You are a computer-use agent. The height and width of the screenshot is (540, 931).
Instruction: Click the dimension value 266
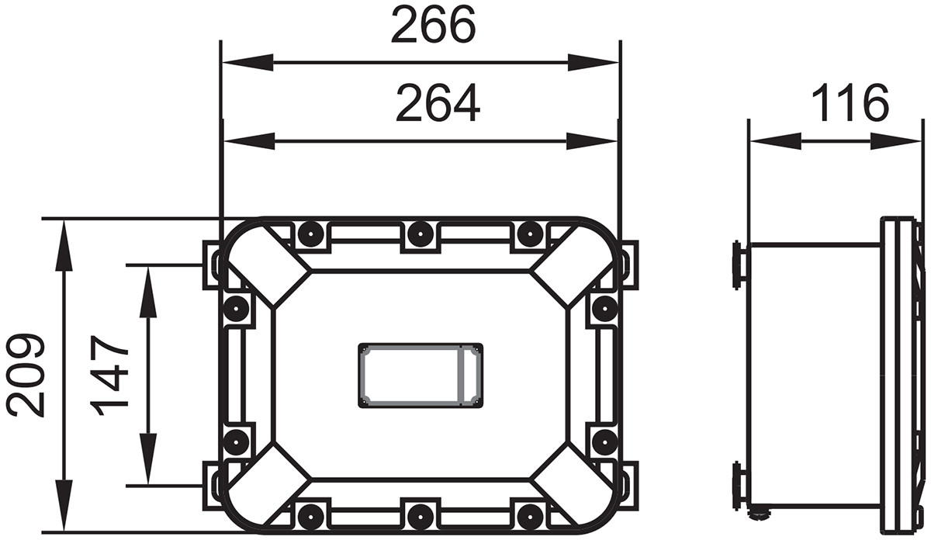tap(432, 26)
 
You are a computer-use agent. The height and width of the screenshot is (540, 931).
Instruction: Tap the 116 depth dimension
tap(850, 103)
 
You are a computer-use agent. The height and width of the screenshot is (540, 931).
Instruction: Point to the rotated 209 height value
tap(26, 376)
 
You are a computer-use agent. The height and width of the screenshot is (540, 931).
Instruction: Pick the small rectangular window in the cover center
tap(420, 376)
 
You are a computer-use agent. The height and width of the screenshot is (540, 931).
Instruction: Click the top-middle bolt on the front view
tap(420, 233)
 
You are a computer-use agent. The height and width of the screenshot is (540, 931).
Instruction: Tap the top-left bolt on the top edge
tap(310, 233)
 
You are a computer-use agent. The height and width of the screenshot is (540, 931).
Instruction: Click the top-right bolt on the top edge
tap(530, 233)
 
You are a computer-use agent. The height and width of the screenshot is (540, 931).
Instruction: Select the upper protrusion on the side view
tap(739, 264)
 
